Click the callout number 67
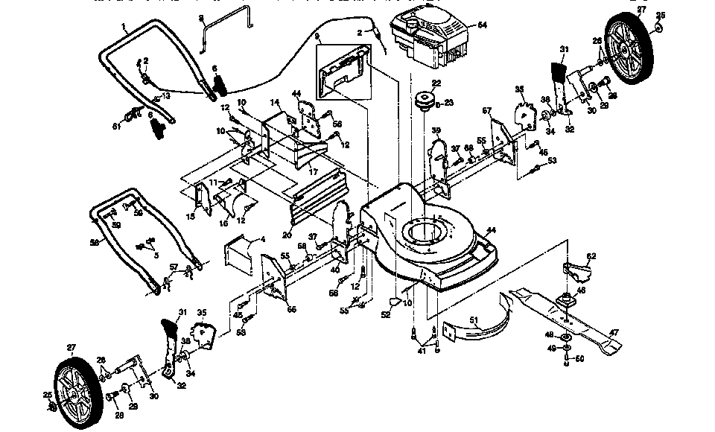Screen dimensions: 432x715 488,111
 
